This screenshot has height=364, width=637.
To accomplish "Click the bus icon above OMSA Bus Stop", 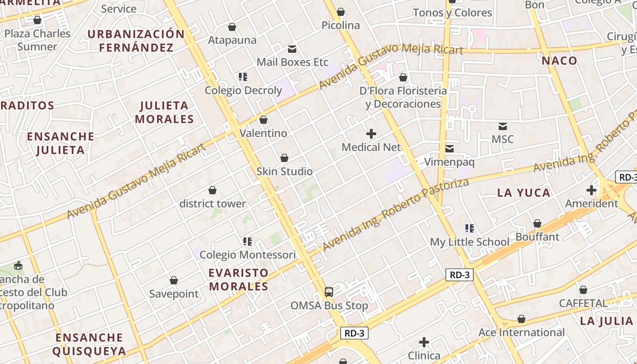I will point(329,292).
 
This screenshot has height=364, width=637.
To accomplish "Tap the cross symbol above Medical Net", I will point(371,134).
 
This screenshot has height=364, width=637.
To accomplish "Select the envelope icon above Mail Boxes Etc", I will point(292,49).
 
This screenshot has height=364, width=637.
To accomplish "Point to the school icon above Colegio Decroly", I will point(243,77).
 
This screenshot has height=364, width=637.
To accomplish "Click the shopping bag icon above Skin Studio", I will point(284,158).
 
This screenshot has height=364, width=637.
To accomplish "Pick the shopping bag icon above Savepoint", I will point(173,280).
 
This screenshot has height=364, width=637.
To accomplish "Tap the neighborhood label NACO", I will point(559,61).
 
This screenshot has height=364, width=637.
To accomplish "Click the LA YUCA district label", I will point(524,192).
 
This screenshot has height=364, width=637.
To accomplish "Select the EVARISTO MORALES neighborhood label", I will point(238,279).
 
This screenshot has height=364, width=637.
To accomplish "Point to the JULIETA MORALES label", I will point(165,112).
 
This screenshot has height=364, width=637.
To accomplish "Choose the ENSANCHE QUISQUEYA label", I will point(89,344).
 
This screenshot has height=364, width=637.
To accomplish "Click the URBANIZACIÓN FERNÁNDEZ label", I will point(136,40).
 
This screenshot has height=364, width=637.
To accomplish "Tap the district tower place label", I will point(212,203).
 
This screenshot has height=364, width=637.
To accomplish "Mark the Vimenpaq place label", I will point(450,162).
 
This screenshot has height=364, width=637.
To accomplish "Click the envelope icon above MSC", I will point(503,126).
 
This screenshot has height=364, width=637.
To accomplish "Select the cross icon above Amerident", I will point(591,190).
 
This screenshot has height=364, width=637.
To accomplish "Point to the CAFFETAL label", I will point(583,303).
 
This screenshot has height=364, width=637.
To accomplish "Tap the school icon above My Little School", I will point(470,228).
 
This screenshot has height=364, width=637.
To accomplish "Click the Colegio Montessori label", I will point(248,255).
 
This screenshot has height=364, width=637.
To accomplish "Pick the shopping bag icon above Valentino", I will point(263,120).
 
